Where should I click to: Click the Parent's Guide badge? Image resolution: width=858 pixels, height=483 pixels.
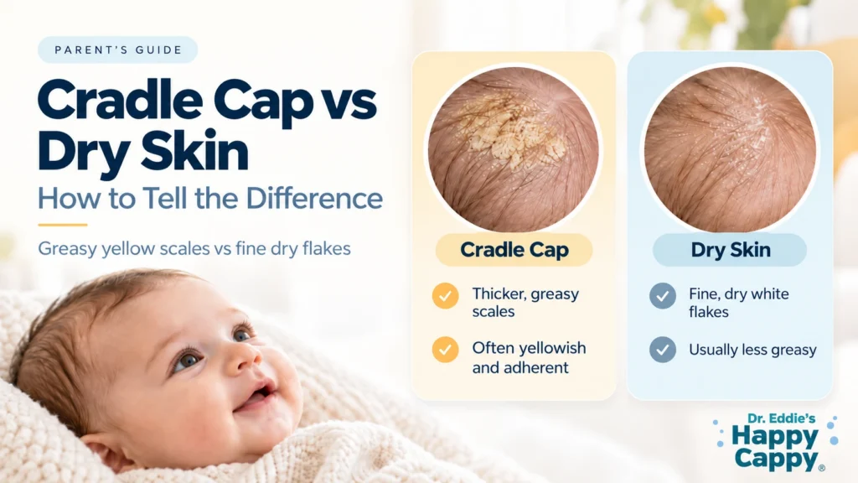(x=117, y=49)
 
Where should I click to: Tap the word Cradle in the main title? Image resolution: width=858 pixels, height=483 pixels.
(x=121, y=101)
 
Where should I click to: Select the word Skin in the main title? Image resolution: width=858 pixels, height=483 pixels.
(x=195, y=151)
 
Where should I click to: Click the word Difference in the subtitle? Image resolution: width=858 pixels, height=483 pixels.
(x=314, y=198)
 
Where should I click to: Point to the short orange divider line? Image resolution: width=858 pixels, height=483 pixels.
(x=62, y=225)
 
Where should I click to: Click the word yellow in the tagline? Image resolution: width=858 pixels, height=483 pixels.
(x=128, y=249)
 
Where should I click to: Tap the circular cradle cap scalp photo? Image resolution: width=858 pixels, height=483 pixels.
(x=514, y=149)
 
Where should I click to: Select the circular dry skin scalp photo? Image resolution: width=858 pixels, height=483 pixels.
(x=730, y=149)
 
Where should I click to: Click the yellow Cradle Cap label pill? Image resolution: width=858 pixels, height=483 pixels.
(x=514, y=250)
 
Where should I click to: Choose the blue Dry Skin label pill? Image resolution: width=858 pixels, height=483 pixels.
(x=730, y=250)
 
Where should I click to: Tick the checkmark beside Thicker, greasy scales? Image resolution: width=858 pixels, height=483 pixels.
(x=446, y=296)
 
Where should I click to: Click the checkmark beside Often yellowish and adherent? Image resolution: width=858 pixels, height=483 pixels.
(x=446, y=350)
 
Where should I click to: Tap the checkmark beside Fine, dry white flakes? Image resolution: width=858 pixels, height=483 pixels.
(x=663, y=296)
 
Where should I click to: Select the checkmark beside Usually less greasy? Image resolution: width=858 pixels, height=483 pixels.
(x=663, y=350)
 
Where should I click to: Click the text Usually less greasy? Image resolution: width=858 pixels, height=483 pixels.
(x=752, y=350)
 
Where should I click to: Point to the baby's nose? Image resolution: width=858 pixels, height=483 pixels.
(x=241, y=359)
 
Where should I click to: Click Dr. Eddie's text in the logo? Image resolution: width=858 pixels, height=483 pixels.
(x=782, y=419)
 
